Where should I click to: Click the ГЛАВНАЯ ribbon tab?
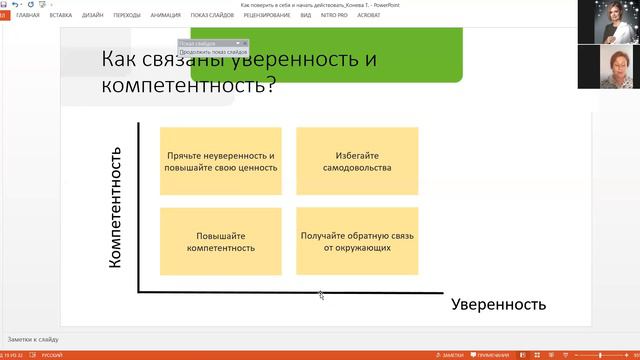click(28, 16)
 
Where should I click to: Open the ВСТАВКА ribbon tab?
click(60, 16)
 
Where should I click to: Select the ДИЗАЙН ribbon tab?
click(93, 16)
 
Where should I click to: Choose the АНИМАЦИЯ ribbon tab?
click(166, 16)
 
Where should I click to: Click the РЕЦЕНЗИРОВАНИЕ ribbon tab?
click(267, 16)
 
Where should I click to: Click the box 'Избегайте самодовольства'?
click(357, 161)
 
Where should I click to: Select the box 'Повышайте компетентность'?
click(220, 241)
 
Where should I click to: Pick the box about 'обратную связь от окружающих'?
click(357, 241)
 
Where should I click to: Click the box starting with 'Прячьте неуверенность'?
click(220, 161)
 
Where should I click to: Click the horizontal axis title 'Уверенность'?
click(498, 304)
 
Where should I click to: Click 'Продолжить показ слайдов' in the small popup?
click(213, 51)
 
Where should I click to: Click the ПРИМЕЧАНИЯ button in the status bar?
click(492, 355)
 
